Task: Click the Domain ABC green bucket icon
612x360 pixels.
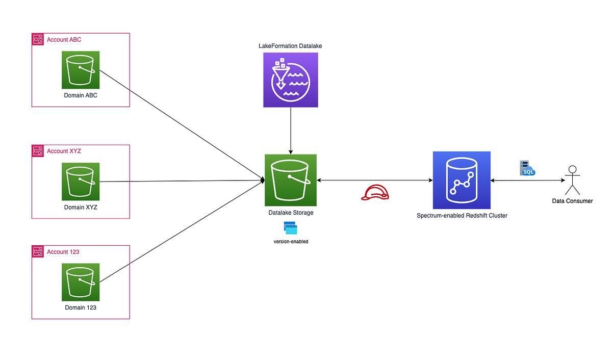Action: pos(81,70)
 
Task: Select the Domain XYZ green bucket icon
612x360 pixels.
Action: pos(81,182)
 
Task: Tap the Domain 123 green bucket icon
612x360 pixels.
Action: pos(81,282)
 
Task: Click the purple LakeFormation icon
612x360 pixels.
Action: pos(290,80)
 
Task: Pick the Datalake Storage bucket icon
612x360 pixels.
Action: pos(290,180)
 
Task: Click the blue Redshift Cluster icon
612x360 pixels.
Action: pos(461,180)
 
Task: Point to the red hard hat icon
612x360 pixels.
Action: pos(374,192)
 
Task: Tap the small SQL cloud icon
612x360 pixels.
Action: pos(527,168)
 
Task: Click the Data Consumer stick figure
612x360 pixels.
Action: pos(572,180)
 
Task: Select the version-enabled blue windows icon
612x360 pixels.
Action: pos(290,228)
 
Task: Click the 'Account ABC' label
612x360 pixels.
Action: pos(64,40)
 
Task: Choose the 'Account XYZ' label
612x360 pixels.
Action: pos(64,151)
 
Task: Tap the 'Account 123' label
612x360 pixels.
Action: pos(63,252)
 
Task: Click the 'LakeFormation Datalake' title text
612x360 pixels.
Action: pos(290,46)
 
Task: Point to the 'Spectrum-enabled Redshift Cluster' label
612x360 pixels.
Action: pos(462,216)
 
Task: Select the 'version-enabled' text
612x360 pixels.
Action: pos(291,241)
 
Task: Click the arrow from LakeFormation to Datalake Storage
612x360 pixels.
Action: pos(291,130)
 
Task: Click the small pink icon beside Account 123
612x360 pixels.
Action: pos(38,251)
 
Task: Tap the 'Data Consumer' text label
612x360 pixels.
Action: pos(572,201)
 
